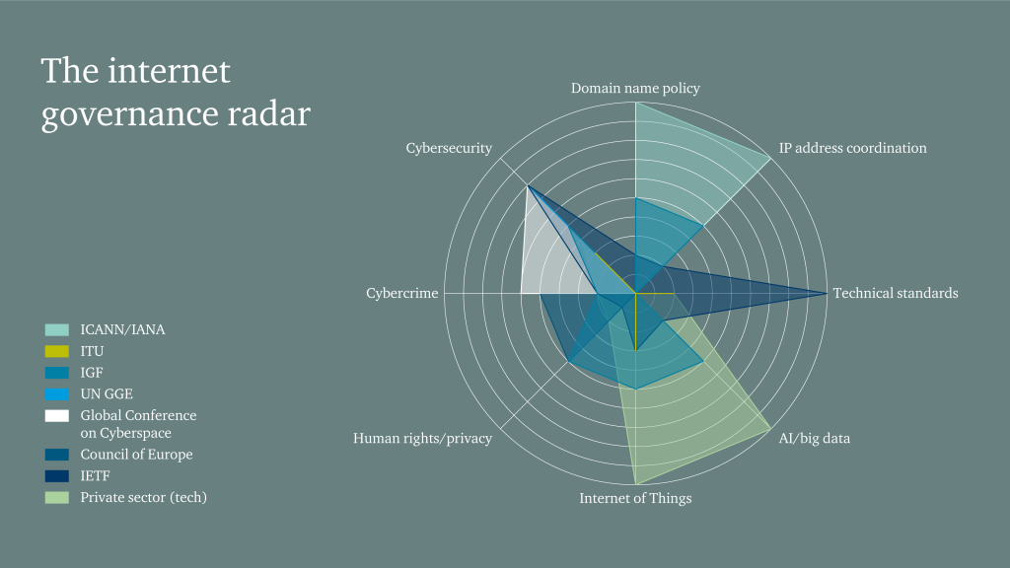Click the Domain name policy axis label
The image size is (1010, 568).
[635, 88]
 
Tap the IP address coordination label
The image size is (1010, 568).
[853, 148]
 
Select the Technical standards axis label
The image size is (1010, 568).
[896, 293]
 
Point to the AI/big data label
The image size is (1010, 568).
[814, 439]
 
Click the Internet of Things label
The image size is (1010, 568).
[635, 498]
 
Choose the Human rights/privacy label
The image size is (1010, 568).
[422, 439]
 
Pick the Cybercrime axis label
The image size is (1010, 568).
[402, 293]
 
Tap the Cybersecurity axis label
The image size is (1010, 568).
[449, 148]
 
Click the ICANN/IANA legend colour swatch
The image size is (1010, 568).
[56, 329]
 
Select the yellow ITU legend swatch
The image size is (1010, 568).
[56, 352]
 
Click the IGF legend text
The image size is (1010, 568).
[92, 372]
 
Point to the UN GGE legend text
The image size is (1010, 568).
[107, 394]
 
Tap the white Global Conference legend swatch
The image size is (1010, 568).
[56, 415]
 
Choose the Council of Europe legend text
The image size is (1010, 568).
[136, 455]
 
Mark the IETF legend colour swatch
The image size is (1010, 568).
[56, 476]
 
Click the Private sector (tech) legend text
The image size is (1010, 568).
[144, 497]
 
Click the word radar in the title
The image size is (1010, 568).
[269, 114]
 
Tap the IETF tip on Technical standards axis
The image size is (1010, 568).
[828, 293]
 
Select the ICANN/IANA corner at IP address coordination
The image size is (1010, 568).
[770, 158]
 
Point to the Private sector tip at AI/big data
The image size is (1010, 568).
[770, 428]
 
